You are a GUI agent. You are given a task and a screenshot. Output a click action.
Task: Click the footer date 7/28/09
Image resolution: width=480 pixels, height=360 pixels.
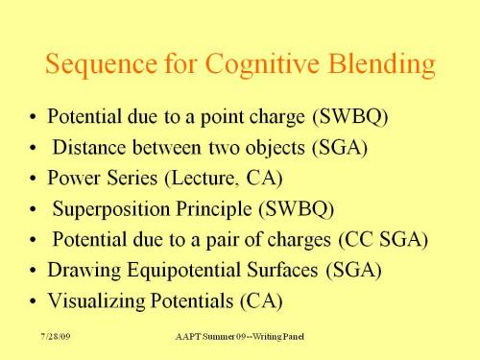click(56, 341)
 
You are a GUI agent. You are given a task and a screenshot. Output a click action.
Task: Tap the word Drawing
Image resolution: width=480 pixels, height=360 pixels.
click(79, 271)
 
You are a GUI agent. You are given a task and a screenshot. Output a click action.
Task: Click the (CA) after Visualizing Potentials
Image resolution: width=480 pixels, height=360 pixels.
click(261, 300)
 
